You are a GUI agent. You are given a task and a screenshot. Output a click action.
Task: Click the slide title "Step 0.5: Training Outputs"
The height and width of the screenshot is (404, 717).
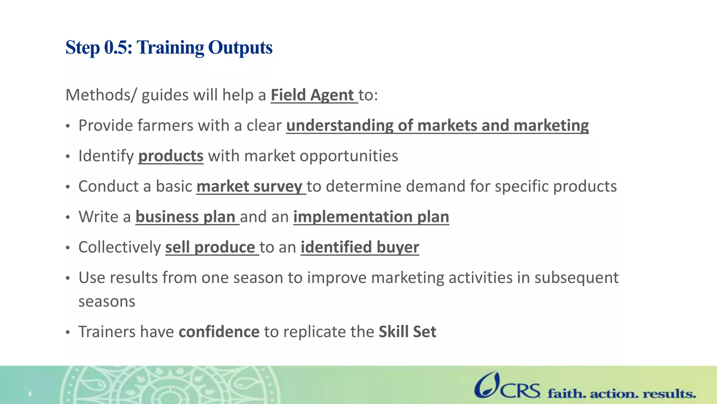169,47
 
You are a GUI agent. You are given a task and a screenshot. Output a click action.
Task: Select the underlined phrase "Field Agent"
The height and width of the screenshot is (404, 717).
312,95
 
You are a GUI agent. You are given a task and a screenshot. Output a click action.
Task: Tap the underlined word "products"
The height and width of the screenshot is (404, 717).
171,156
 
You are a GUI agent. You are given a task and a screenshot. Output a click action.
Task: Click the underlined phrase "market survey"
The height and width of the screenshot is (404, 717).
249,186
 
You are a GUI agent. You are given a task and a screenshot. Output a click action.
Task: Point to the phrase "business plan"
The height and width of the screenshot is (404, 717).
185,217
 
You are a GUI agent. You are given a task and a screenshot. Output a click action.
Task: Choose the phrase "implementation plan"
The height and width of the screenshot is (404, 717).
371,217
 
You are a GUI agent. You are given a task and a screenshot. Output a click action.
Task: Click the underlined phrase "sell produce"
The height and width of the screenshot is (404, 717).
210,247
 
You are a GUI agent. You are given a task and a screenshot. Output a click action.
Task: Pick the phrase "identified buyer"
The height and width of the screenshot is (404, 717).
360,247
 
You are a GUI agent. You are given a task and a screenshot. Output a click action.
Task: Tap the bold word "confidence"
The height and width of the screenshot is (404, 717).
219,332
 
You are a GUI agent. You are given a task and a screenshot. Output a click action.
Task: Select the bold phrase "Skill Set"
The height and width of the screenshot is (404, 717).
408,332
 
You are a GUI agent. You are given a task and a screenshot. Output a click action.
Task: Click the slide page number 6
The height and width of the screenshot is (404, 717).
30,394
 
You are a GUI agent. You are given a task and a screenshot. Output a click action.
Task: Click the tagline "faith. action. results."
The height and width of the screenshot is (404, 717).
622,394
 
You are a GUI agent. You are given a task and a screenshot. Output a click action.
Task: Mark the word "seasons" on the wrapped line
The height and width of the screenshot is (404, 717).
107,302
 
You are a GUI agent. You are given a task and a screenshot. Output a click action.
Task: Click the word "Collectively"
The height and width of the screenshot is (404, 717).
119,247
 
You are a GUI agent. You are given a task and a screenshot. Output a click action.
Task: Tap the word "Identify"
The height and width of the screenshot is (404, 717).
106,156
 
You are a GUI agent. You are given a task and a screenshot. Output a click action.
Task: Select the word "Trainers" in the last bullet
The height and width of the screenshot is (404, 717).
107,332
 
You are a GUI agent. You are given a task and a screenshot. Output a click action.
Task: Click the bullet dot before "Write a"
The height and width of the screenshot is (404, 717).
68,218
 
